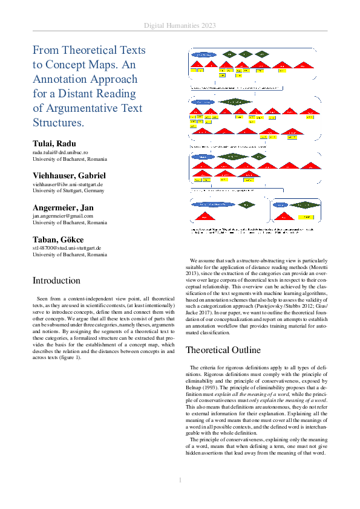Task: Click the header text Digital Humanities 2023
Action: pos(180,26)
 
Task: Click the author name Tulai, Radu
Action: pos(54,143)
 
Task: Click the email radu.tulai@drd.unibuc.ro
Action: pos(61,153)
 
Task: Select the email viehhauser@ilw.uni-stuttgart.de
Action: pos(68,184)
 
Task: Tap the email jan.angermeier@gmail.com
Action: pos(63,216)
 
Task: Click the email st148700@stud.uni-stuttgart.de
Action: pos(67,248)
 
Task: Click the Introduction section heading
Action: pos(56,280)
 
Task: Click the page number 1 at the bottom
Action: pos(180,480)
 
